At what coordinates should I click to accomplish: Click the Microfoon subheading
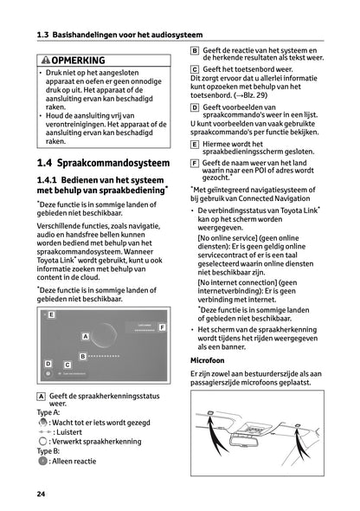[x=208, y=359]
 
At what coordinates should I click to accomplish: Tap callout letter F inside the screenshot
[x=161, y=327]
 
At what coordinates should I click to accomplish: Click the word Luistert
[x=71, y=430]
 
